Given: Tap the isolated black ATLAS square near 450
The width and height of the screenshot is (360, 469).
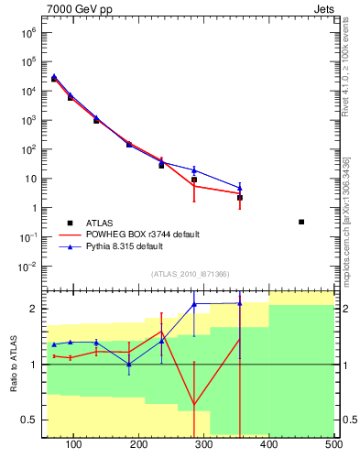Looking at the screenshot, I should tap(301, 222).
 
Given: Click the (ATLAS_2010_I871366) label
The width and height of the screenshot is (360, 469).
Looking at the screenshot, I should tap(189, 274).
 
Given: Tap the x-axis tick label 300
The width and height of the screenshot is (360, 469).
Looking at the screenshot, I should tap(204, 445).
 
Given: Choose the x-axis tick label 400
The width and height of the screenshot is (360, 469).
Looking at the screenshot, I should tap(269, 445).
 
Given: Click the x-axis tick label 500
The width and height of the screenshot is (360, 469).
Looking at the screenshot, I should tap(333, 445).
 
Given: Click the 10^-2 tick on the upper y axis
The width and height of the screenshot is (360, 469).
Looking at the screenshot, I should tap(27, 267).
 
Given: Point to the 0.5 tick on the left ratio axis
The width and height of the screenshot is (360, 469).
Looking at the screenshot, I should tap(30, 420).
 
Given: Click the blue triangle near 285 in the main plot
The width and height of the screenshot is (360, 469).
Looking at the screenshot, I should tap(194, 169).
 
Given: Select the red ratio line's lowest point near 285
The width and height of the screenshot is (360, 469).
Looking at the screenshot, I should tap(194, 405).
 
